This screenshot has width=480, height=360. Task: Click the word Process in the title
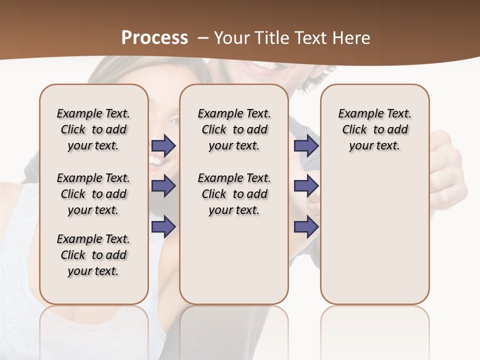(x=154, y=38)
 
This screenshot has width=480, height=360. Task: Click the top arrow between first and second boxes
(x=163, y=145)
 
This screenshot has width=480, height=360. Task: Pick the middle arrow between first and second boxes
(x=163, y=186)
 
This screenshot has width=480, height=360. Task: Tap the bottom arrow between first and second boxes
(x=163, y=226)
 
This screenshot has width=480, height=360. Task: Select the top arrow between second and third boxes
(x=306, y=145)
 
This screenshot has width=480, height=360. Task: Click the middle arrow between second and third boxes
(x=306, y=186)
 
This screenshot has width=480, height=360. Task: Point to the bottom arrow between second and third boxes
(x=306, y=227)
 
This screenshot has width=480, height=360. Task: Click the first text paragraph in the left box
(x=93, y=129)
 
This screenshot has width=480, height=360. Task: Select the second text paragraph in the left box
(x=93, y=194)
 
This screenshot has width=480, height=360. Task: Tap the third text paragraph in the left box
(x=93, y=255)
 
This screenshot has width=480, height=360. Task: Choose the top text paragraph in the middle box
(x=234, y=129)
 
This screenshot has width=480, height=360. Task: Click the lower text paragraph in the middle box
(x=234, y=194)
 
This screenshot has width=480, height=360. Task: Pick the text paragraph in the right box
(x=374, y=129)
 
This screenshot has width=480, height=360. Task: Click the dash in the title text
(x=203, y=38)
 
